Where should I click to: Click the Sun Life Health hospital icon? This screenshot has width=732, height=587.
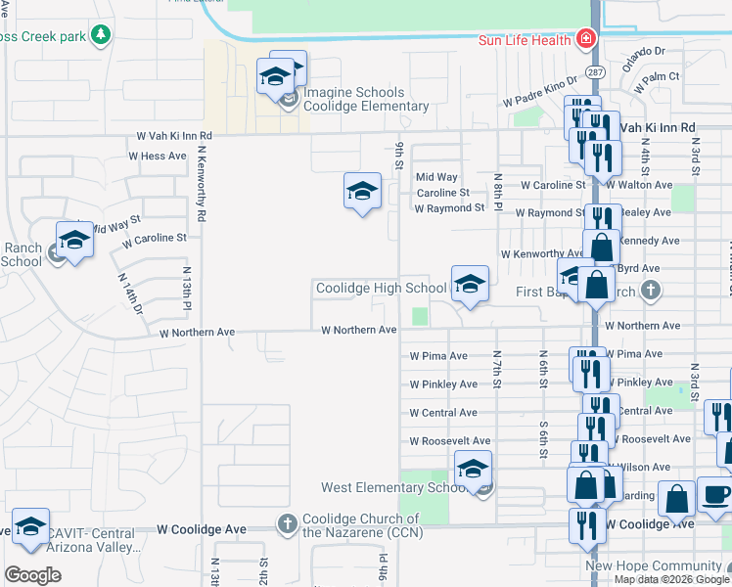585,40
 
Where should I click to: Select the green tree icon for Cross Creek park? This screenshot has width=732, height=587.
100,36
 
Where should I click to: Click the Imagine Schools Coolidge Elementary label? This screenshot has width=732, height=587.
365,99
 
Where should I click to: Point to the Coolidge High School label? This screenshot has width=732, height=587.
381,288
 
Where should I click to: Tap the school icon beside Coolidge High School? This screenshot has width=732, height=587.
470,285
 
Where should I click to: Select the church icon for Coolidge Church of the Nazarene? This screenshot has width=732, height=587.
287,523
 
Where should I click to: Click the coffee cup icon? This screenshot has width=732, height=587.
715,495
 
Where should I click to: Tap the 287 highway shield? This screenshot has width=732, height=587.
594,72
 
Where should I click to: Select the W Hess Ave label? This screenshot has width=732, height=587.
157,156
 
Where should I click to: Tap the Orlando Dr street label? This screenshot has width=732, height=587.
645,52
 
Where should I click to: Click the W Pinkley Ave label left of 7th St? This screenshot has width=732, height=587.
443,384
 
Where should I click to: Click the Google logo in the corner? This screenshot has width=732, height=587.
32,574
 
